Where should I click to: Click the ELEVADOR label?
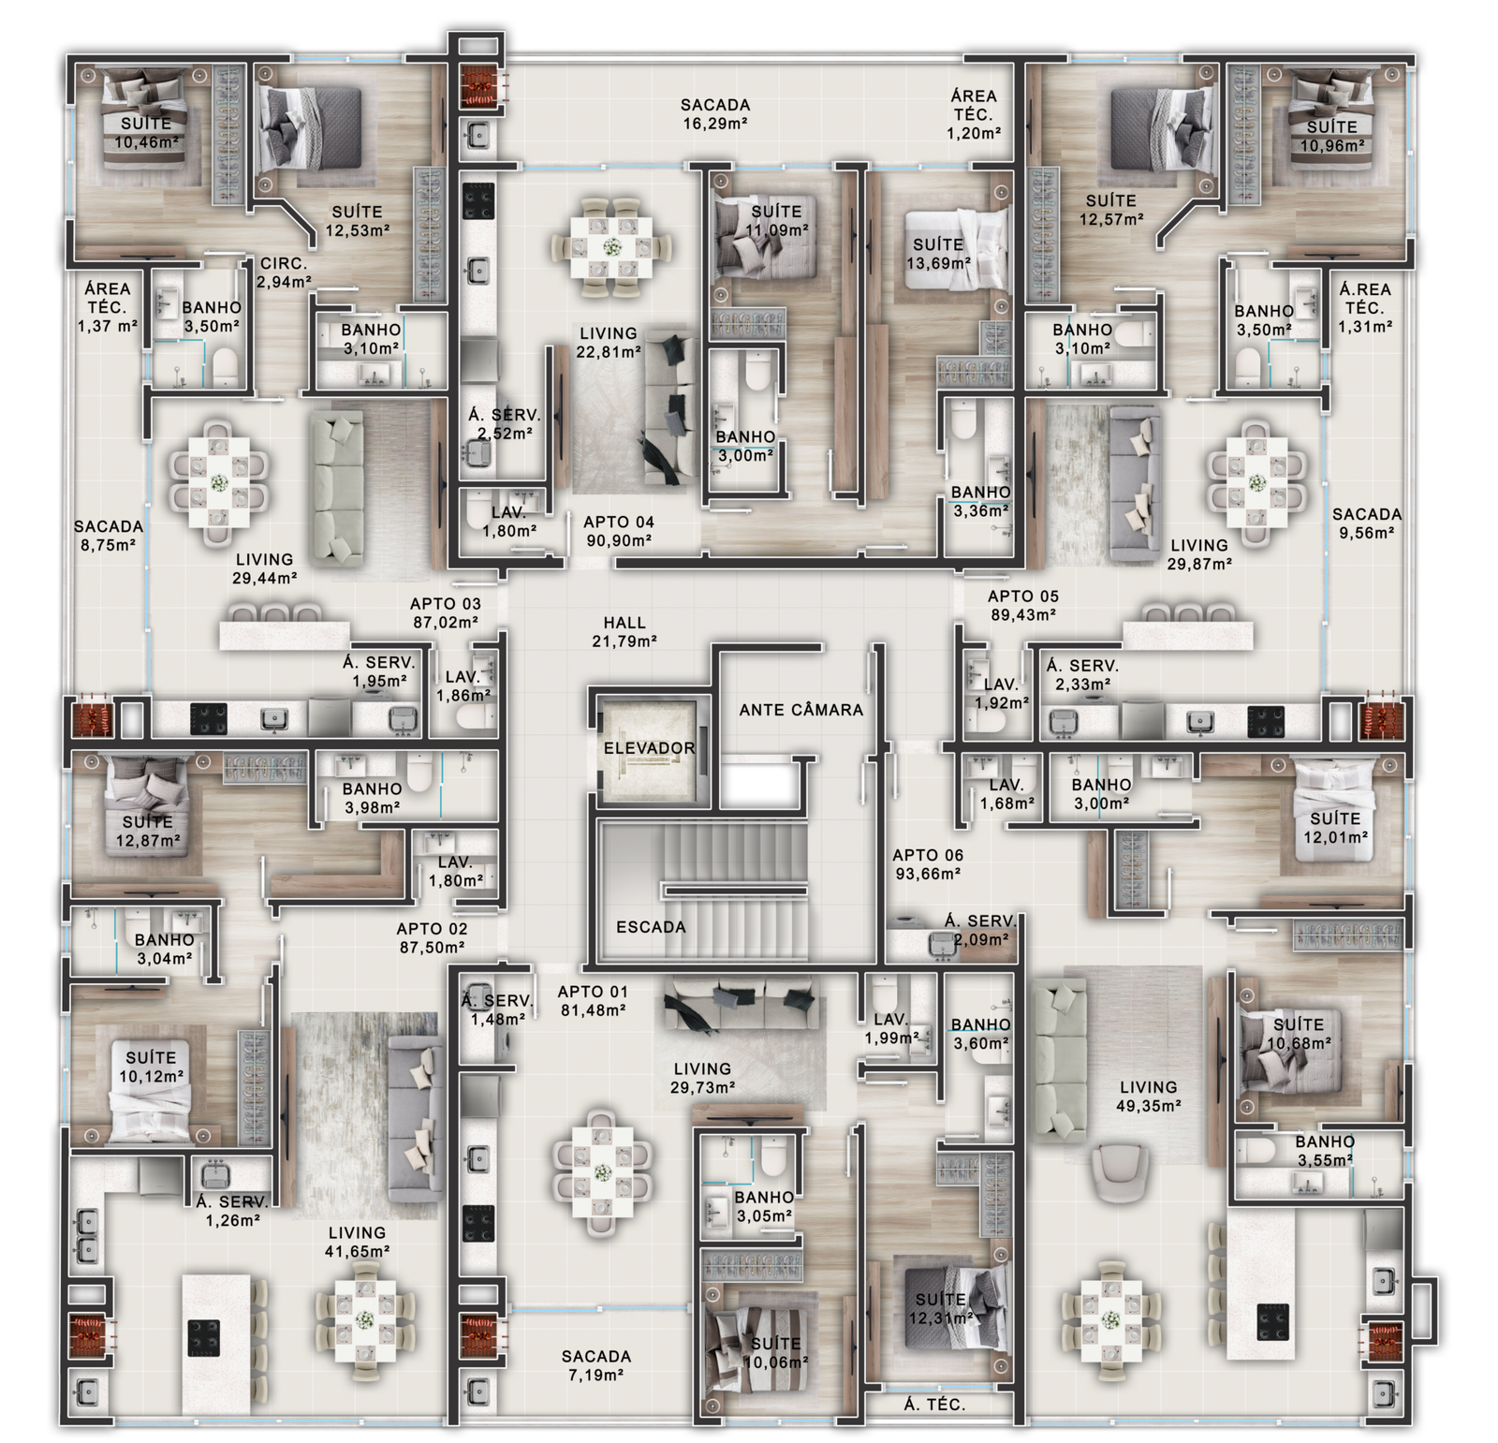649,748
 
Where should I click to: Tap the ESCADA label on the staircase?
651,927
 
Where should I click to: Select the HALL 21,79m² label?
624,632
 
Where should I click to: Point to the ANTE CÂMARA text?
800,710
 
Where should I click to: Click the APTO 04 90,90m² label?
619,531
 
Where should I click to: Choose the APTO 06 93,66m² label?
927,864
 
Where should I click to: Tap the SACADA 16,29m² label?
715,114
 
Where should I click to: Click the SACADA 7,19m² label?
596,1365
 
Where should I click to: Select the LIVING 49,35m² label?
1148,1096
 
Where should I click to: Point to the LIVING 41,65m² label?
357,1242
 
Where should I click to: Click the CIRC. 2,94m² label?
285,272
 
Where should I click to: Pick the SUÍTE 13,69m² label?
938,255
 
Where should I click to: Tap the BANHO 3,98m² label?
372,798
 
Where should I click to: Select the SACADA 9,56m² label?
1367,523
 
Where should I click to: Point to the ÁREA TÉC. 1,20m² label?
974,114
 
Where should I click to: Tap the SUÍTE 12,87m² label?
147,831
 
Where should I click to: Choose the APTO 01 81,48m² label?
592,1001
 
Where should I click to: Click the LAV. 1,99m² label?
891,1028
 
